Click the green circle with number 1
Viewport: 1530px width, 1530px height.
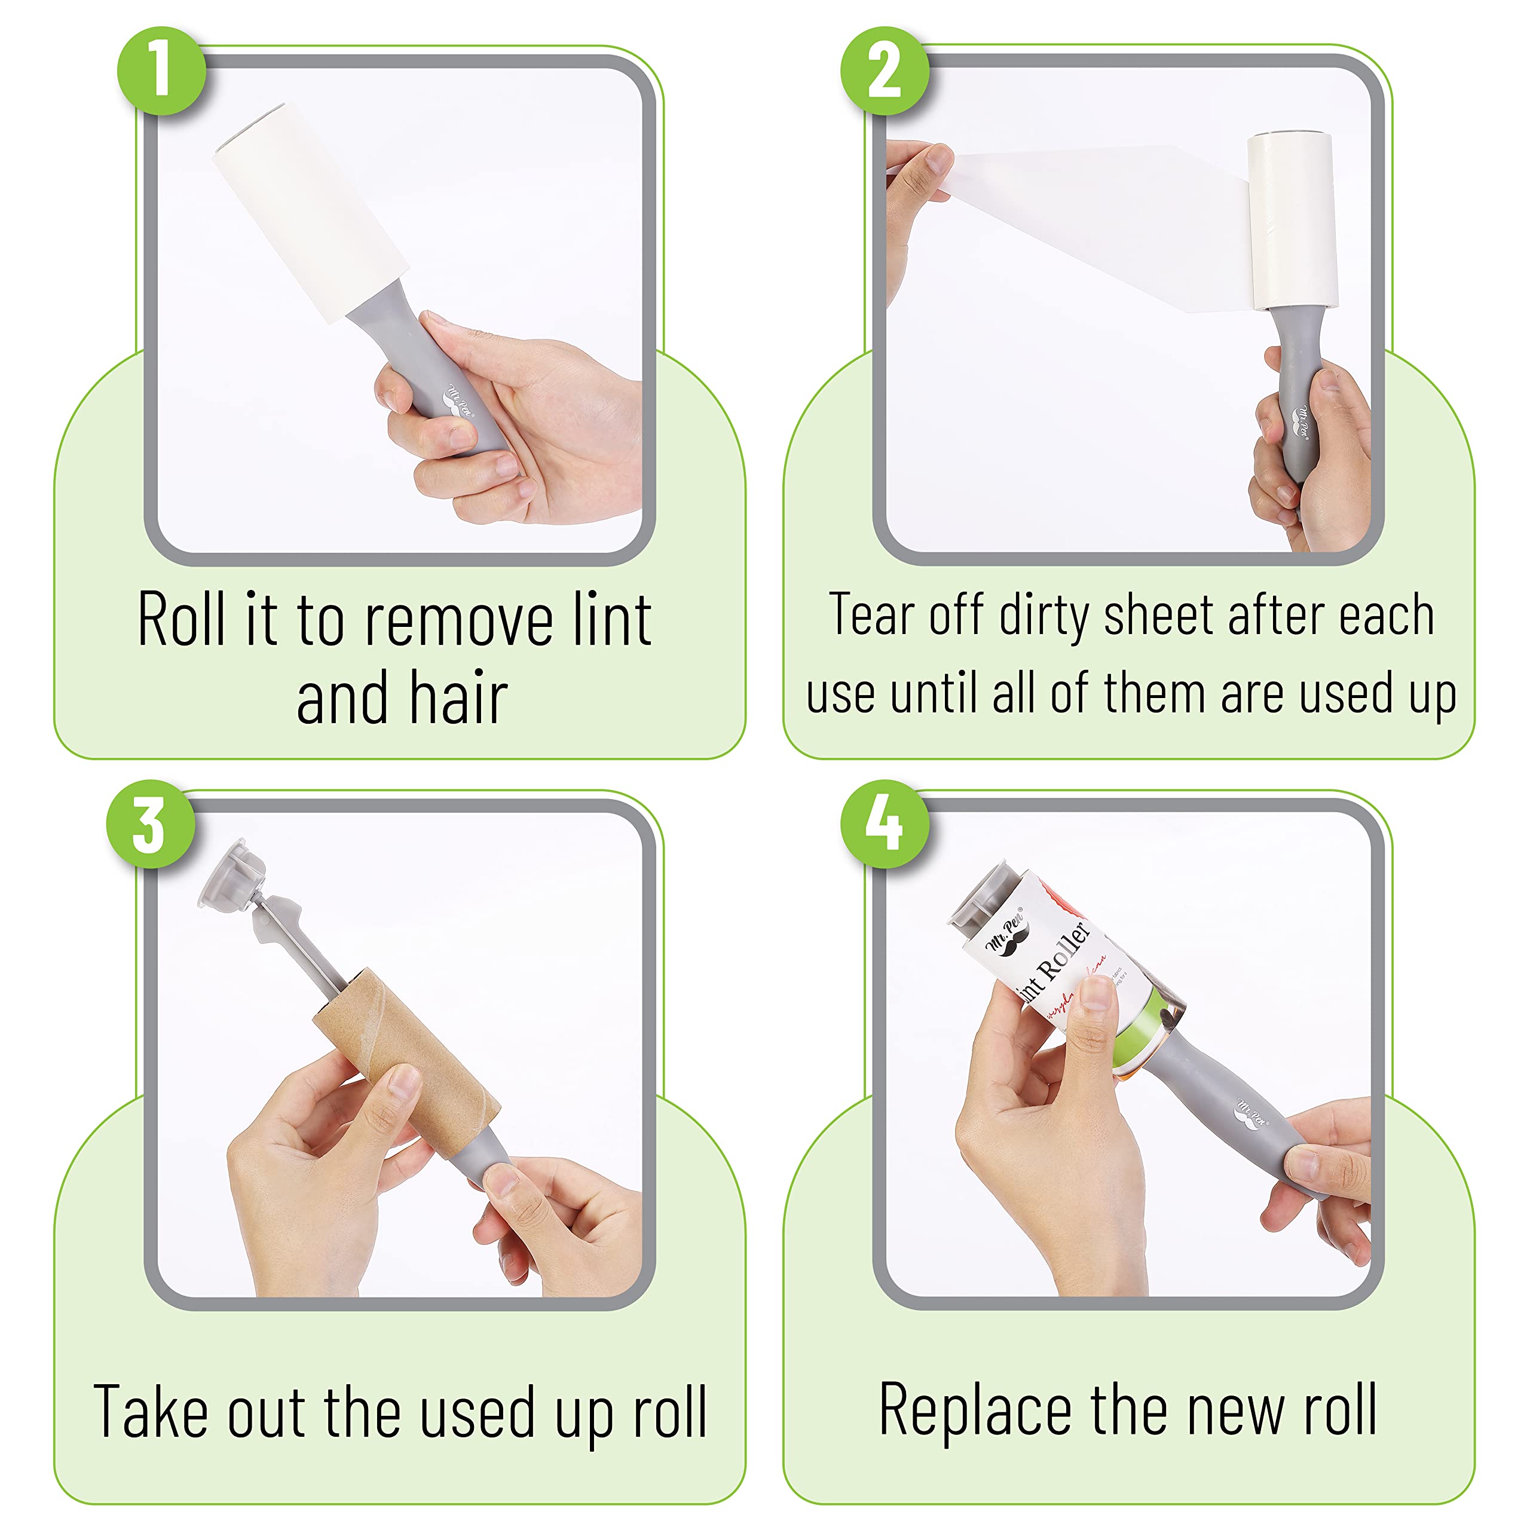point(161,71)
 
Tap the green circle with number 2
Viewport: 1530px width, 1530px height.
point(884,71)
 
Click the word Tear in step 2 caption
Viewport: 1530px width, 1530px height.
point(872,616)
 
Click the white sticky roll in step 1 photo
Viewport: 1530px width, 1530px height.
point(309,214)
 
